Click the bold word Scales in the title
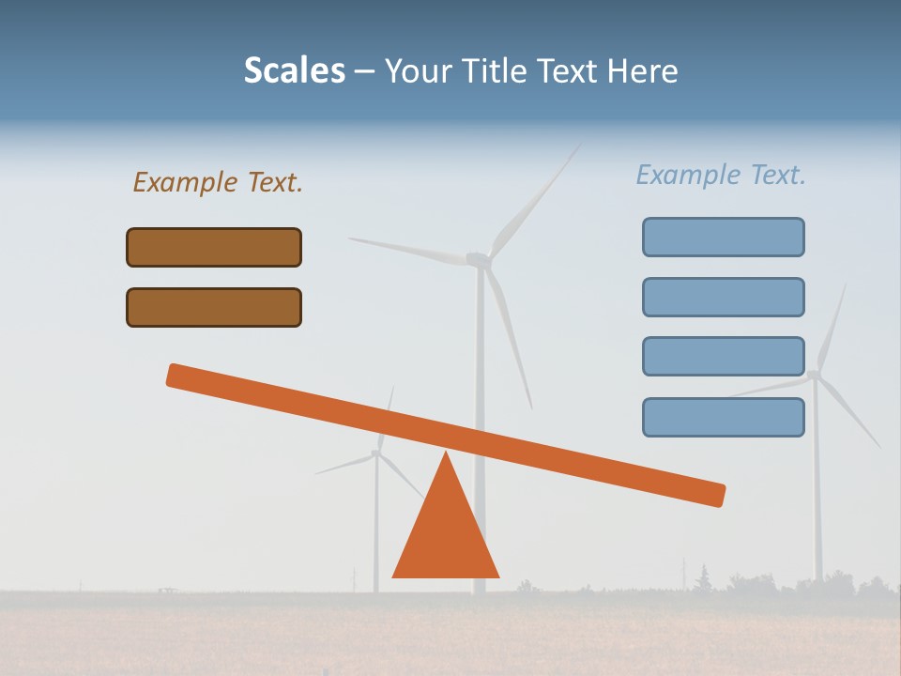pos(294,71)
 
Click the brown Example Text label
pos(217,182)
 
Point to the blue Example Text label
pos(721,175)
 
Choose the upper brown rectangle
pos(214,247)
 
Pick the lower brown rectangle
pos(214,307)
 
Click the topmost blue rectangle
pos(723,237)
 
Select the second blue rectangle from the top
pos(723,297)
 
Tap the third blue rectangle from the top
pos(723,356)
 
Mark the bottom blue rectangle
pos(723,417)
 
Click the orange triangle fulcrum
pos(446,535)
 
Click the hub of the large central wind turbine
pos(480,258)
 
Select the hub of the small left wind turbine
pos(376,453)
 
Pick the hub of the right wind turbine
pos(814,376)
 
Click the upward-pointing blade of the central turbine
pos(535,198)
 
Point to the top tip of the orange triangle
pos(446,453)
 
